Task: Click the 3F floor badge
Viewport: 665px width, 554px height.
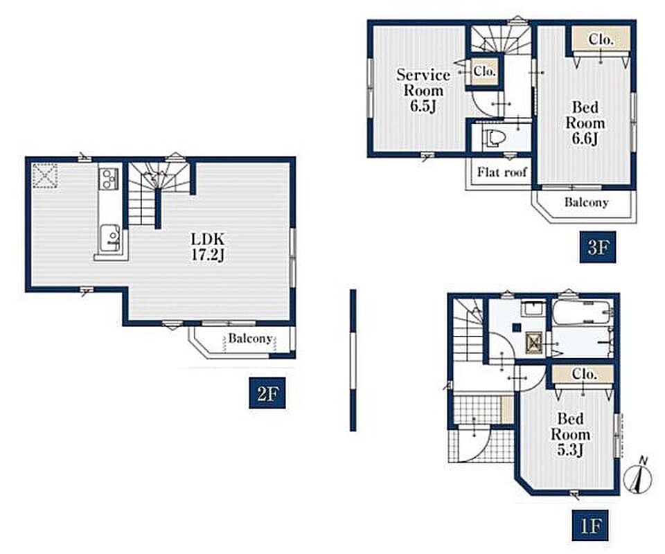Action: pos(598,247)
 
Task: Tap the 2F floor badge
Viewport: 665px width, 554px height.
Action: pos(267,393)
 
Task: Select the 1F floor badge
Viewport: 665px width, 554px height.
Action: pos(589,525)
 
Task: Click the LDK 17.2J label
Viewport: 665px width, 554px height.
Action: pos(207,247)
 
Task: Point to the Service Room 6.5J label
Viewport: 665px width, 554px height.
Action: pos(423,90)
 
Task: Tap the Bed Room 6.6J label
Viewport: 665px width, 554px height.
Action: pos(585,123)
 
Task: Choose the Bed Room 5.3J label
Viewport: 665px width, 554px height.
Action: pos(570,435)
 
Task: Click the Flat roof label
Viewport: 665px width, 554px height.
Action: pos(502,172)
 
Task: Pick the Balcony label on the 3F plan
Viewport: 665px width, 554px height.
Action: pos(586,203)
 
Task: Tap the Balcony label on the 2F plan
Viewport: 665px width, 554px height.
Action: pos(250,338)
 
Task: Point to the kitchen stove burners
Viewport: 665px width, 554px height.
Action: pos(108,179)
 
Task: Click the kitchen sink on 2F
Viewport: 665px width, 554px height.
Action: pos(111,238)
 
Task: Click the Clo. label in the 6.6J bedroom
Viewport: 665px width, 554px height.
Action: pos(601,40)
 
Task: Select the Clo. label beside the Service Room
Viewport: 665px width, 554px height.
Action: pos(484,71)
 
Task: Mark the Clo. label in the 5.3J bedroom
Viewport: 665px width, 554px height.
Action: pos(584,374)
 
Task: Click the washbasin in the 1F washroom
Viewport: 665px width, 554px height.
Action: pos(533,308)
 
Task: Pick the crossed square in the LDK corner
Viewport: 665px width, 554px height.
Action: pos(46,175)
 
